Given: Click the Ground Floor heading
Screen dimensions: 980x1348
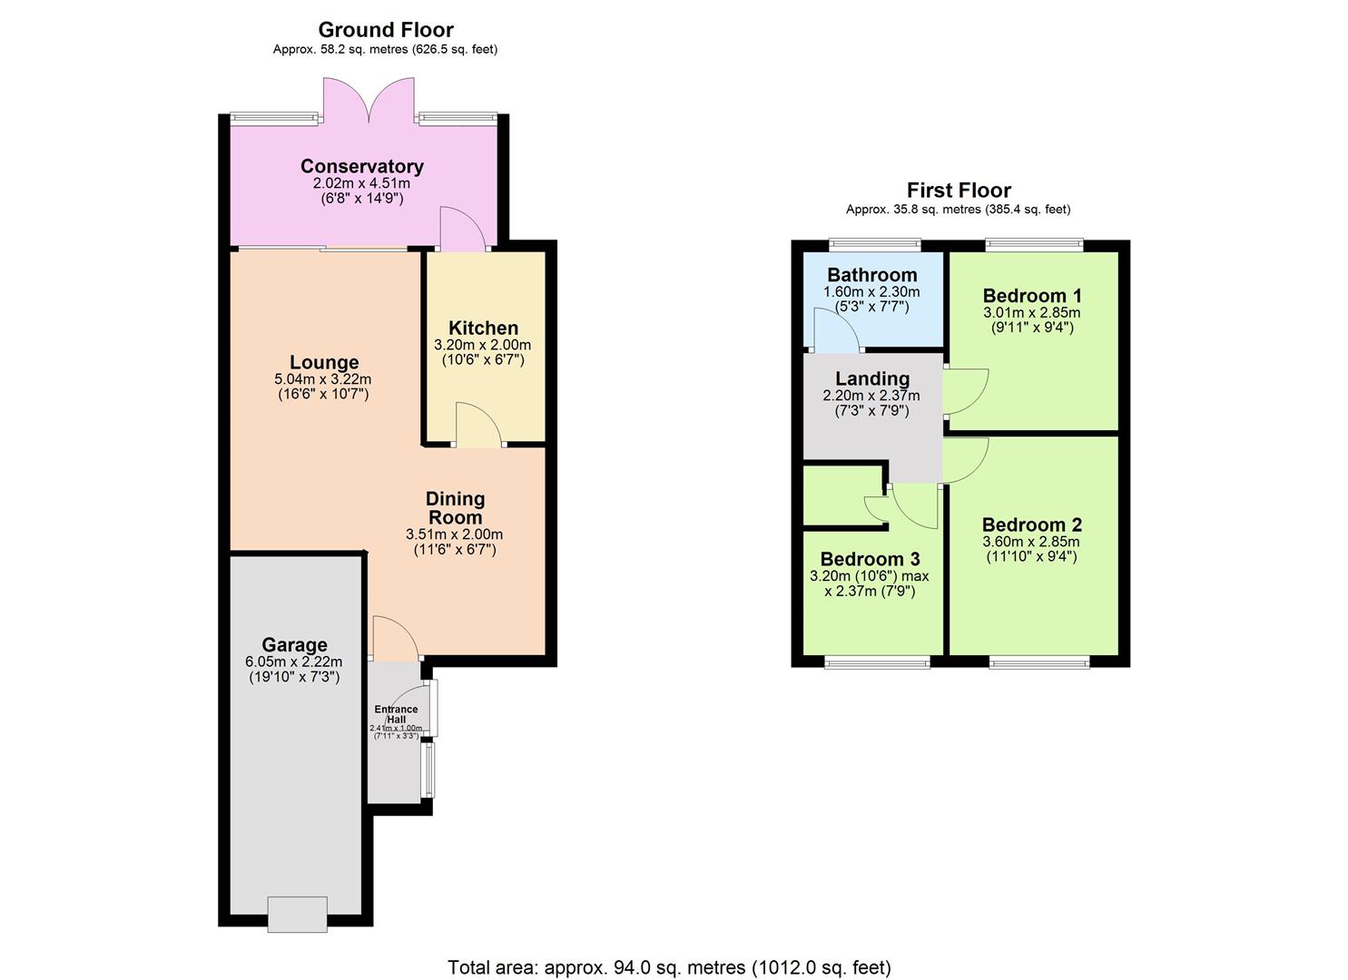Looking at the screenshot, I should pos(385,30).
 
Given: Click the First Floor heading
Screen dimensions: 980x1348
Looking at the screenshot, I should pos(958,190).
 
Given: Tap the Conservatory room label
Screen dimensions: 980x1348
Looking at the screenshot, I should pos(361,166).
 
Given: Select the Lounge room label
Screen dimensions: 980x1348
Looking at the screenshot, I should pos(324,362).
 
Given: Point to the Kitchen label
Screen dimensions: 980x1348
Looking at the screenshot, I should pos(483,328).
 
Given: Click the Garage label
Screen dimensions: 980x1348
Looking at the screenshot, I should pos(294,645).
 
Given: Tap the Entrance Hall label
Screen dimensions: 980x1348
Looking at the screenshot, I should pos(396,714).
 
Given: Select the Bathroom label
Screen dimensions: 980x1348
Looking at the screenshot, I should pos(871,275).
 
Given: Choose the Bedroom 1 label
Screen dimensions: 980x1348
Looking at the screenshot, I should pos(1031,296).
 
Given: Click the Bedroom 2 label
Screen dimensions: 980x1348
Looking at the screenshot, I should pos(1031,524).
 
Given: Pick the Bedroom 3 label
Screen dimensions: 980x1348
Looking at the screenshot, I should pos(870,559).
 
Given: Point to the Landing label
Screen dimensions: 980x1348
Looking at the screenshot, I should pos(871,378).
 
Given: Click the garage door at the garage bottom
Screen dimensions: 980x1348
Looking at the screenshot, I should pos(297,914).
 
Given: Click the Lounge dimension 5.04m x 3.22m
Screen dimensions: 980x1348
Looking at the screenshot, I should pos(322,379).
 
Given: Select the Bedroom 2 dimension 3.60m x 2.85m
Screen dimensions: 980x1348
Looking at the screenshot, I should pos(1031,542).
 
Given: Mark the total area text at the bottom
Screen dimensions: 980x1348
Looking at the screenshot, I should pos(669,967).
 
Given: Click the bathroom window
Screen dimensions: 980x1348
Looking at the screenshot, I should pos(874,244).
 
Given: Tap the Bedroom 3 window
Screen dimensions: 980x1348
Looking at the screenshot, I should pos(876,663).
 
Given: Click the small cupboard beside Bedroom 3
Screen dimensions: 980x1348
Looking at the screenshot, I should pos(842,495).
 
